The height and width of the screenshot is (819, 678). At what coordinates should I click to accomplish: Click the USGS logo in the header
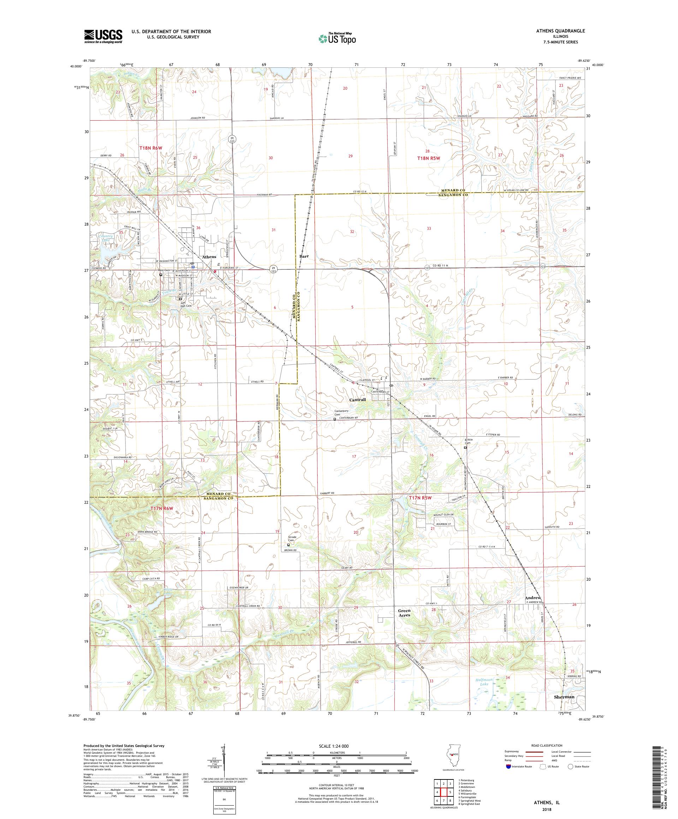[x=103, y=36]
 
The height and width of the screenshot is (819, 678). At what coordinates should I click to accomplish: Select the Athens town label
[x=209, y=257]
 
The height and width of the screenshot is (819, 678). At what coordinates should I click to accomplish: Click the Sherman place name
[x=564, y=697]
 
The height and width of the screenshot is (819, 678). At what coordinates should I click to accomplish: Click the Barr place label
[x=304, y=256]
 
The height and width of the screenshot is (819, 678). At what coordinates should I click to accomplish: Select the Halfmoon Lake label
[x=485, y=682]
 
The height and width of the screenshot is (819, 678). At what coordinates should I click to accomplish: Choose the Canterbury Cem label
[x=341, y=412]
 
